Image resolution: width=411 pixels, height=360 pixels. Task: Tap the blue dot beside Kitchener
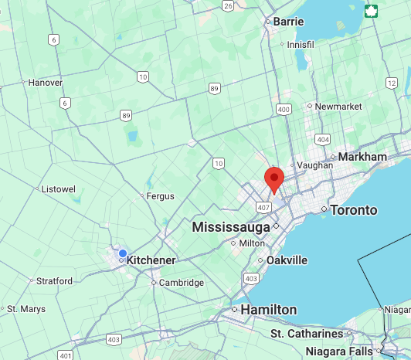click(x=122, y=253)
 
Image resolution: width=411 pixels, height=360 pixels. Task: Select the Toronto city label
click(x=354, y=210)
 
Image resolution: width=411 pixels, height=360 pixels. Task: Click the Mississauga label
click(x=231, y=227)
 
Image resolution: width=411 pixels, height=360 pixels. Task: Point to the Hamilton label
click(x=268, y=310)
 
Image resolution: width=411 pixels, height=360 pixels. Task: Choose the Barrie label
click(x=289, y=22)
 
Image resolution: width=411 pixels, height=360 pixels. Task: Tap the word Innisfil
click(x=301, y=45)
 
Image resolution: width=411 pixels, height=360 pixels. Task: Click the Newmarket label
click(x=338, y=106)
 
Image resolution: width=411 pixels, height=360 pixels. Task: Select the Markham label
click(x=362, y=157)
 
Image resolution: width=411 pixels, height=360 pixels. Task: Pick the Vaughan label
click(x=315, y=165)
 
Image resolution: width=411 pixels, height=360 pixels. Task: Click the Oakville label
click(x=287, y=260)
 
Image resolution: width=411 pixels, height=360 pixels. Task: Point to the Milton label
click(x=252, y=243)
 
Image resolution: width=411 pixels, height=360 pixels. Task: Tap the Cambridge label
click(x=182, y=283)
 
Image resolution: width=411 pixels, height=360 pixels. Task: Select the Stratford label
click(x=54, y=281)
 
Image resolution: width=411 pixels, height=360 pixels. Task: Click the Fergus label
click(x=161, y=196)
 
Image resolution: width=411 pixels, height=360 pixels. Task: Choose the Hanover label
click(x=45, y=83)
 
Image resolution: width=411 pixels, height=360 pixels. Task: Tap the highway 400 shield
click(x=284, y=110)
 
